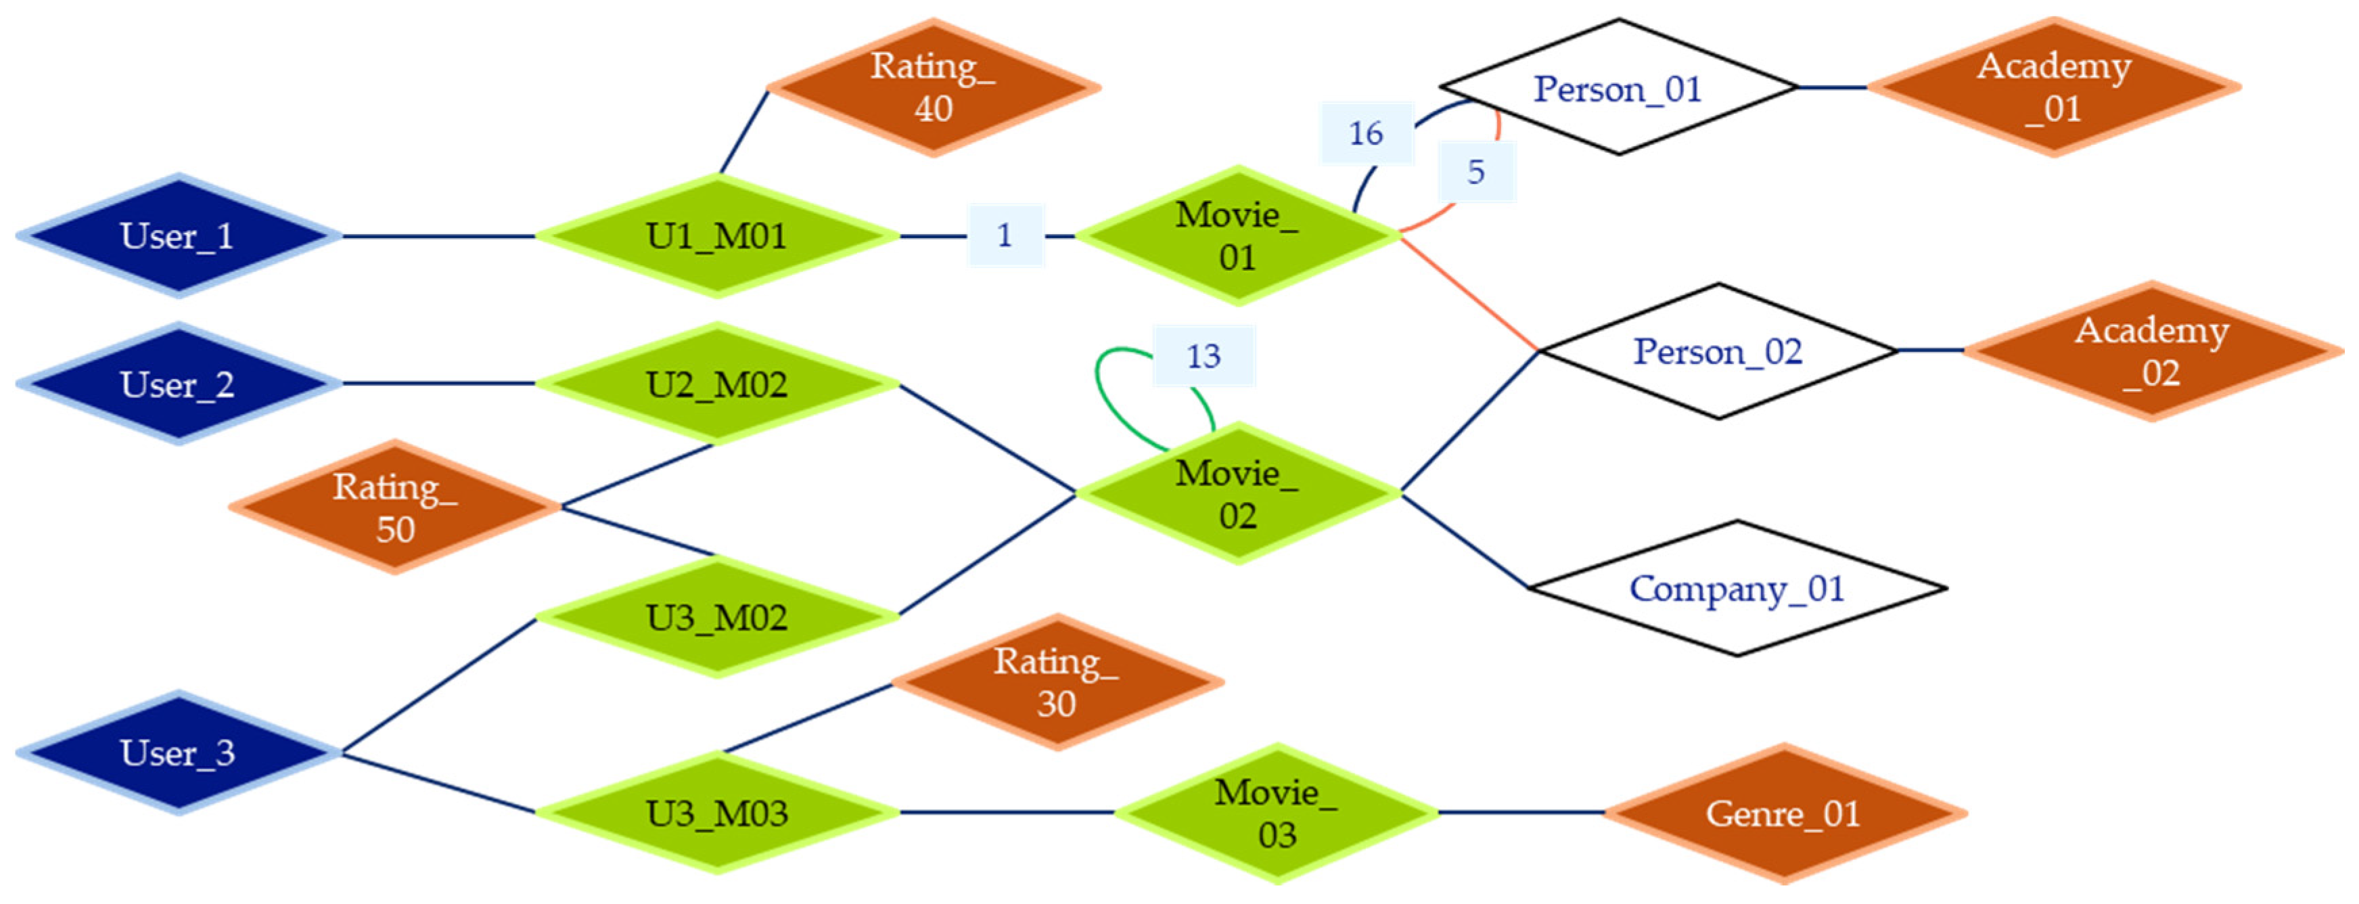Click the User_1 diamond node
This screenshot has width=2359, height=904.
[179, 235]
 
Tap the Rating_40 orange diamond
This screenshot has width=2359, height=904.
[933, 87]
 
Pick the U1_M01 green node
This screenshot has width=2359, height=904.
[717, 236]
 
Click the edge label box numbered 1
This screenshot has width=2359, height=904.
[1005, 235]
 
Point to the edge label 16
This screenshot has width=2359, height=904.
[1365, 133]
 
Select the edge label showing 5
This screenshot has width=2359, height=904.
[1476, 171]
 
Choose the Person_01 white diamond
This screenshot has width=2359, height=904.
[1618, 88]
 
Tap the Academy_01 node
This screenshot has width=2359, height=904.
[2054, 87]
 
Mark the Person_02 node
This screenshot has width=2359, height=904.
[1718, 351]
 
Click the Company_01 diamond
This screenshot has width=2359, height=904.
[1737, 588]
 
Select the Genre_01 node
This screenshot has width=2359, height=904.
[1784, 813]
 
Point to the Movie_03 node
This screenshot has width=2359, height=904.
[1277, 813]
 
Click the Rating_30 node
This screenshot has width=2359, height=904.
[1057, 682]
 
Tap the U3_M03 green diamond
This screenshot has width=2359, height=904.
[717, 813]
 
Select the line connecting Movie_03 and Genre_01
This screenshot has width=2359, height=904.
[1520, 813]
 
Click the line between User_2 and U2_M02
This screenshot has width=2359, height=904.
[440, 384]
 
